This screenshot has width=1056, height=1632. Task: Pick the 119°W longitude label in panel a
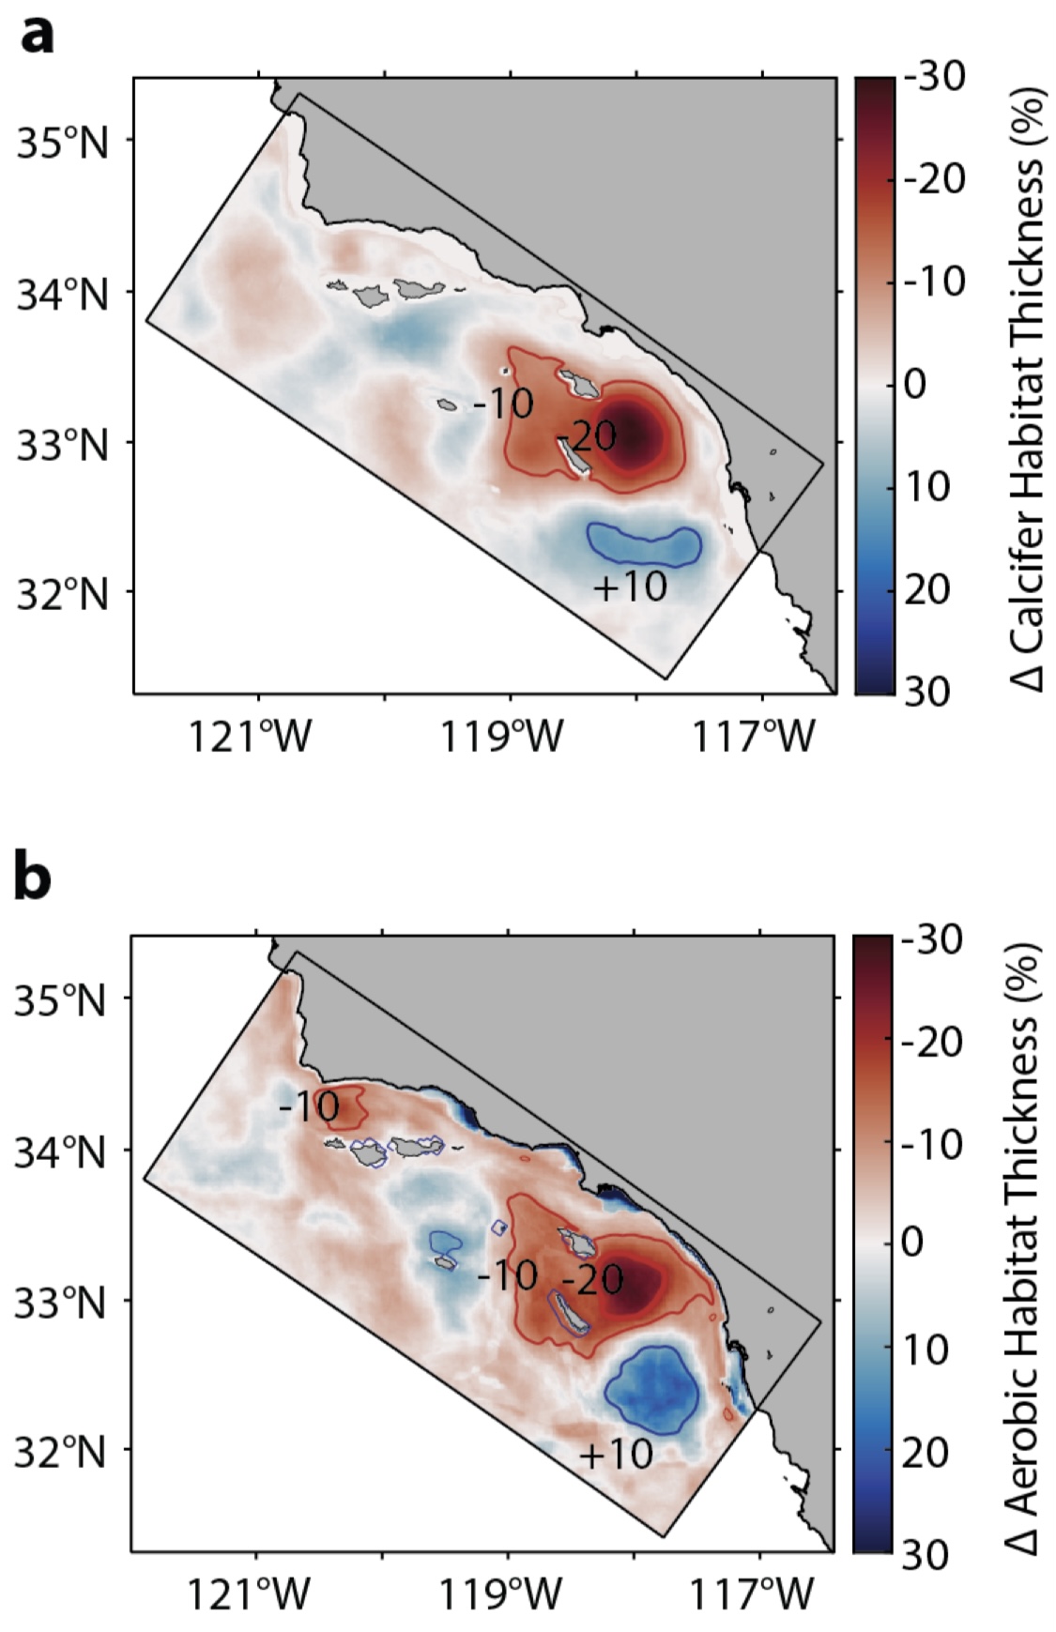coord(503,738)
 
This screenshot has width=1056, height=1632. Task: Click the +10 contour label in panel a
coord(631,587)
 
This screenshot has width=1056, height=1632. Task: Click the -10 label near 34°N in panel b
coord(309,1107)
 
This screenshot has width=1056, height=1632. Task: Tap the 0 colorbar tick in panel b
coord(912,1244)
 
